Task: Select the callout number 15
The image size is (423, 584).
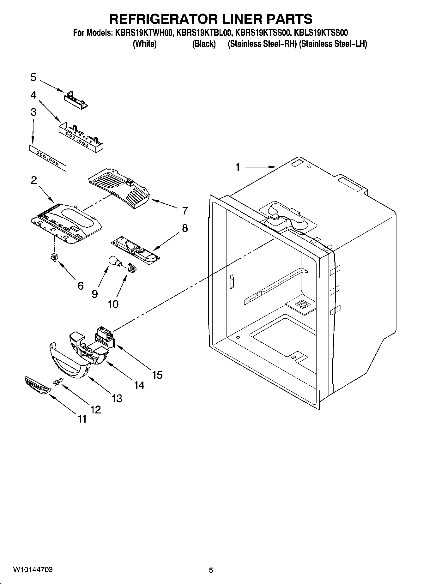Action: (x=157, y=375)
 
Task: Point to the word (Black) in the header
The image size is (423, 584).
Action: (x=204, y=44)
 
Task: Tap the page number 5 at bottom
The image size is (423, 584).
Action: (x=211, y=570)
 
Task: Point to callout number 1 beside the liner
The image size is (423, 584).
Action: (x=238, y=167)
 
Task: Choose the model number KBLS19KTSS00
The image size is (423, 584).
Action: (x=321, y=33)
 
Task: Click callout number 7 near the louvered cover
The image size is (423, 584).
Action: (x=185, y=210)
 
